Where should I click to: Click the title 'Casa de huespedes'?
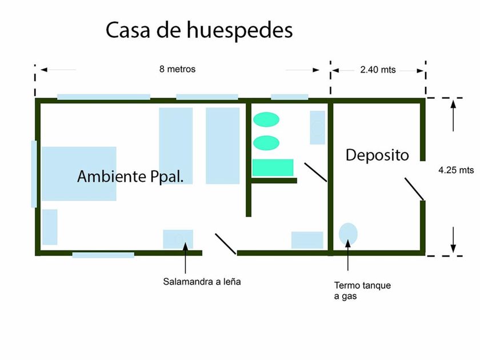pos(199,30)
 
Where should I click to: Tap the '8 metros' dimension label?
pos(177,69)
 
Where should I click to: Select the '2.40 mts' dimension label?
pos(378,70)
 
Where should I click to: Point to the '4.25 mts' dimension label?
pos(456,170)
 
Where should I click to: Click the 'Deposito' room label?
pos(377,155)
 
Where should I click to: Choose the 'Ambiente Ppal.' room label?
pos(130,176)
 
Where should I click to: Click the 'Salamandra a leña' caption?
pos(198,281)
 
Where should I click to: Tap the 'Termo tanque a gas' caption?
pos(362,290)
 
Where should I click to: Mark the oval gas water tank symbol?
pos(348,233)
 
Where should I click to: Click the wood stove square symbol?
pos(178,238)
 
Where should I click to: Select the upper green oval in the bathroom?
pos(266,119)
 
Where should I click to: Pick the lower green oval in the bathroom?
pos(266,142)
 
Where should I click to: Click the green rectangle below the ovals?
pos(273,167)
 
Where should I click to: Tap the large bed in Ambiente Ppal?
pos(78,174)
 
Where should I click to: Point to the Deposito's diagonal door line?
pos(414,189)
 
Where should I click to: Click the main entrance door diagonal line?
pos(225,243)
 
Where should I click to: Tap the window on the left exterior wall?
pos(34,174)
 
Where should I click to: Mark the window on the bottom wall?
pos(103,255)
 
